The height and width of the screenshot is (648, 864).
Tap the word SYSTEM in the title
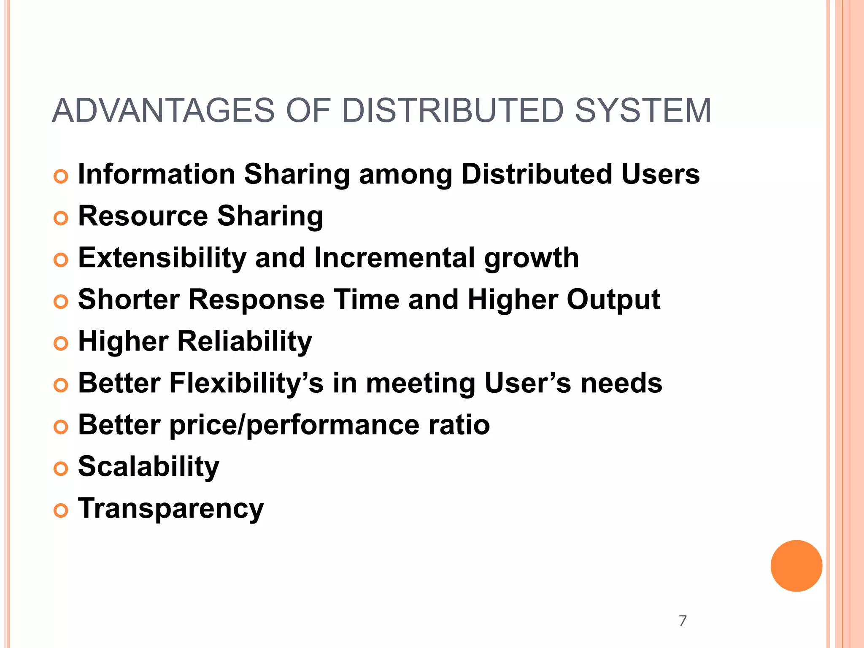(643, 111)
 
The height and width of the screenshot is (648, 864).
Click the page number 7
(683, 621)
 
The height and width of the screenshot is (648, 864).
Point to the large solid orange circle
(796, 566)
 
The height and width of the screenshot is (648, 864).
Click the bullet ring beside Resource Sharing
(61, 218)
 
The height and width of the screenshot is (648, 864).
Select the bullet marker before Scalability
(61, 469)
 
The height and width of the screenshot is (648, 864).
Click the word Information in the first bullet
(157, 174)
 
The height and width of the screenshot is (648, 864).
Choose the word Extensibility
(162, 258)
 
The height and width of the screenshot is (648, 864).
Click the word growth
(531, 259)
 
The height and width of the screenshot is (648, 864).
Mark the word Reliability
(244, 341)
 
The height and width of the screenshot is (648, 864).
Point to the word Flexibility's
(246, 383)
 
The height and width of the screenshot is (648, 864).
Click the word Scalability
(148, 467)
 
